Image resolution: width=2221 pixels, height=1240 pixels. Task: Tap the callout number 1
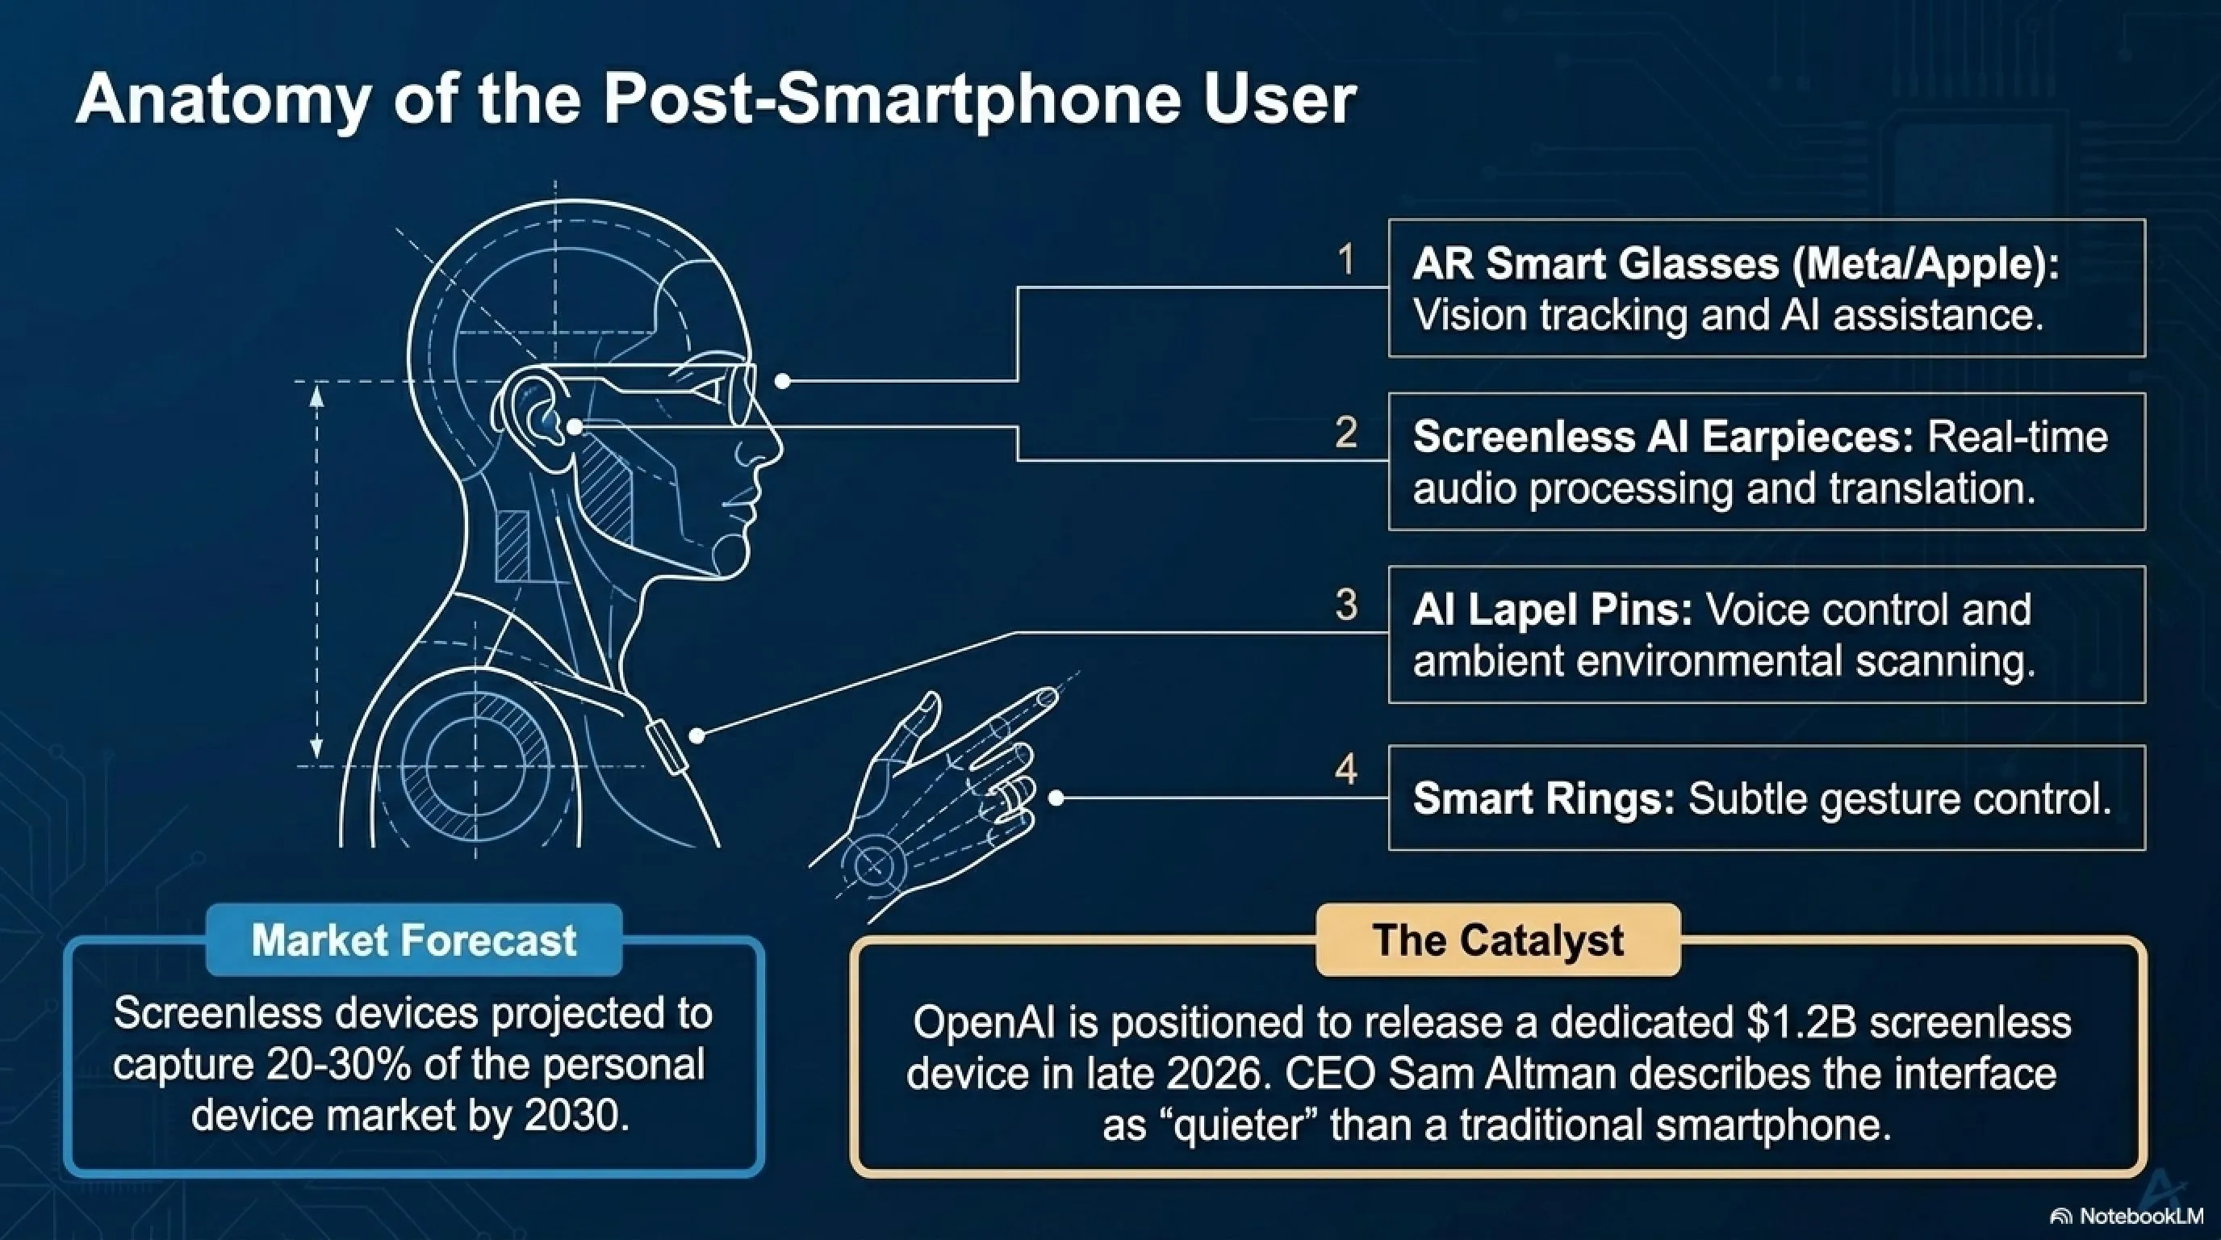[x=1346, y=260]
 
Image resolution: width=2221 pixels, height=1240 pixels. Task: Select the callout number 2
[x=1346, y=432]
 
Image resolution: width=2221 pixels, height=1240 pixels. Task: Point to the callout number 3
[x=1346, y=605]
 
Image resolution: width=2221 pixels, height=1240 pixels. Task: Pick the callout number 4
[x=1346, y=769]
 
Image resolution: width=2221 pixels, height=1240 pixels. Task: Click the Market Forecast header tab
[x=414, y=940]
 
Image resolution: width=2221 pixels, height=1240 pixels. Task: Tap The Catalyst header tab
[x=1499, y=940]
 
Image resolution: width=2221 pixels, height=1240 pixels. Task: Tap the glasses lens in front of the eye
[x=740, y=393]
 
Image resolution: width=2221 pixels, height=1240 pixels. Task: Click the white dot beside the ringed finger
[x=1056, y=798]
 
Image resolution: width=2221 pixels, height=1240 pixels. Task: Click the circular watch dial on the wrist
[x=873, y=865]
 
